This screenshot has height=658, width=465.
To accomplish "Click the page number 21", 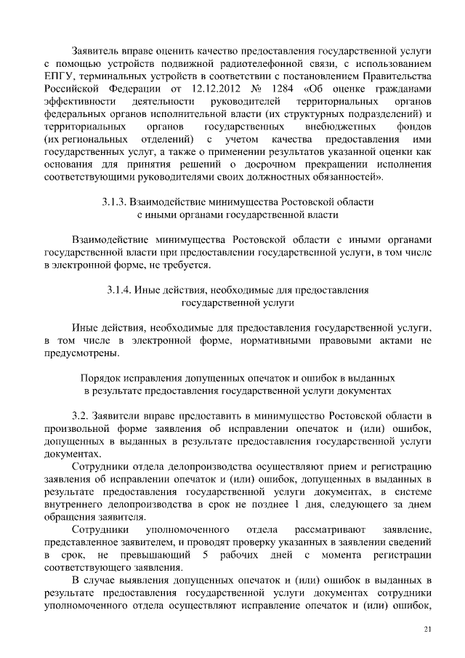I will coord(426,630).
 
